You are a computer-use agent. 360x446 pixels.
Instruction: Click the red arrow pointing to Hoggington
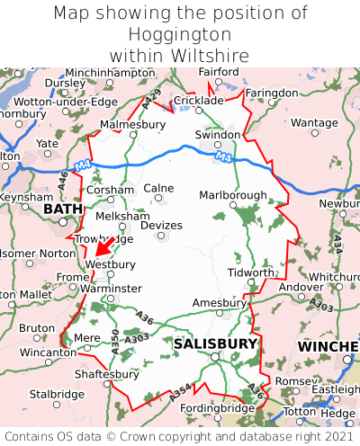click(x=103, y=245)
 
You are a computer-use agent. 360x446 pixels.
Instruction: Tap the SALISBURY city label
click(x=215, y=343)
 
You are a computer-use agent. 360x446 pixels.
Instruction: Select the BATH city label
click(x=62, y=210)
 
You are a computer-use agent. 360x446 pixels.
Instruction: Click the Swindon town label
click(x=218, y=134)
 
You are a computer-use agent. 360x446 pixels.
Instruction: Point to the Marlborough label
click(x=232, y=195)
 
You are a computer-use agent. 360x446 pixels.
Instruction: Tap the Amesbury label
click(x=218, y=303)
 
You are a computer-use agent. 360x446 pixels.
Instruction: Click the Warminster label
click(x=112, y=288)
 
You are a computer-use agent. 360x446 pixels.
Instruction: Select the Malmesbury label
click(x=133, y=124)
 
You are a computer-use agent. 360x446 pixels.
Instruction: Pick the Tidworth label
click(x=251, y=272)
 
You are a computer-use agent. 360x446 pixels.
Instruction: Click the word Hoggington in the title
click(x=180, y=34)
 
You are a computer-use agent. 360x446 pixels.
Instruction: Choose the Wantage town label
click(x=314, y=122)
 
